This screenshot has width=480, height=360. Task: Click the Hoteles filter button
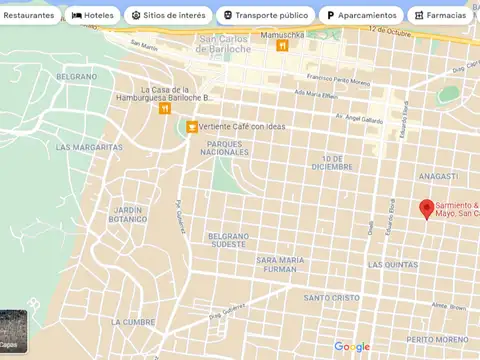click(x=93, y=16)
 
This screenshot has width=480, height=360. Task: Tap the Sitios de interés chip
click(x=169, y=16)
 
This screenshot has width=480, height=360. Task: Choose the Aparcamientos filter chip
click(x=361, y=16)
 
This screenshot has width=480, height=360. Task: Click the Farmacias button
click(x=440, y=16)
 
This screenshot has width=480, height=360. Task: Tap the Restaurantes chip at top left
click(x=28, y=16)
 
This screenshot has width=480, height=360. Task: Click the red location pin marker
click(x=426, y=208)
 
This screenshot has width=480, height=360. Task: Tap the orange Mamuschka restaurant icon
click(x=283, y=46)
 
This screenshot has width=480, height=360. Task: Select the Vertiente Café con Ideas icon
click(x=192, y=126)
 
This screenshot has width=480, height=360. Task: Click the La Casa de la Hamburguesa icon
click(x=164, y=108)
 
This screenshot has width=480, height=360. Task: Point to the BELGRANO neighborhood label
click(x=77, y=76)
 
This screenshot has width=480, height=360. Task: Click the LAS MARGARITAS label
click(x=89, y=147)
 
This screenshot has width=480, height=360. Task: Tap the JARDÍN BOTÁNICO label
click(x=128, y=214)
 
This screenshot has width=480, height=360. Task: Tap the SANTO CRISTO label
click(x=331, y=297)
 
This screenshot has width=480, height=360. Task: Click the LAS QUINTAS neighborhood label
click(x=393, y=265)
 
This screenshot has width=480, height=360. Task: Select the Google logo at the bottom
click(x=352, y=347)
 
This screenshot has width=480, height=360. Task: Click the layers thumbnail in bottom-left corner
click(x=13, y=333)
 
